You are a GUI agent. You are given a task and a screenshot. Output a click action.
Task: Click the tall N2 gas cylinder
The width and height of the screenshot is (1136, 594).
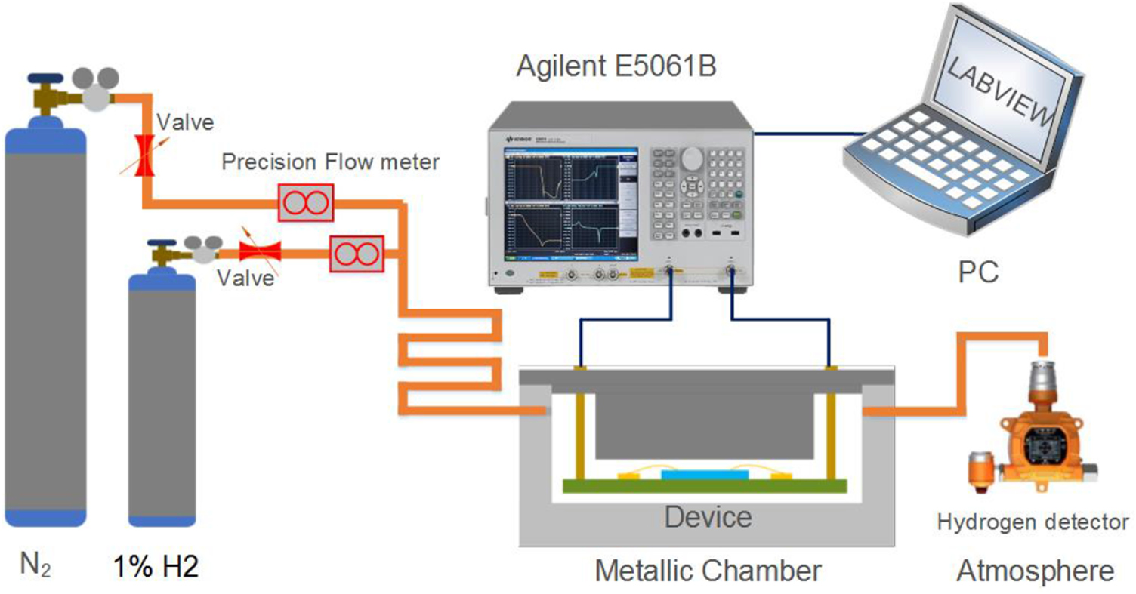pos(45,325)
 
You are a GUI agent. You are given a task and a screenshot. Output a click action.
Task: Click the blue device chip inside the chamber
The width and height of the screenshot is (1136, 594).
pos(705,474)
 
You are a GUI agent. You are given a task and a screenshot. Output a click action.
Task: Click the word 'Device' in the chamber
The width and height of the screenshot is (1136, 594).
pos(708,517)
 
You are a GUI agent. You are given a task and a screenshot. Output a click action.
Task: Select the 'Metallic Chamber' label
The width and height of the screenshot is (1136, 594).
pos(708,571)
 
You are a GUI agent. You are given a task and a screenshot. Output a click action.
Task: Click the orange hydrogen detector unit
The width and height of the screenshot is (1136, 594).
pos(1042,438)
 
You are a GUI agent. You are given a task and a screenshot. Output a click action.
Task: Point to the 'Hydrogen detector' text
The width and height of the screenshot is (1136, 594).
pos(1033,522)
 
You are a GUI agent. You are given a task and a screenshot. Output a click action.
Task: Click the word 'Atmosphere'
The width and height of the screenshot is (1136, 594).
pos(1035,571)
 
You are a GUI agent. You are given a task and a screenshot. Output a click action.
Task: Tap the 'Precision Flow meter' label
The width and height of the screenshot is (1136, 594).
pos(330,162)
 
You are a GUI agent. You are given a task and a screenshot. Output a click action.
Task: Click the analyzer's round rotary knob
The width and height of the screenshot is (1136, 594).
pos(691,158)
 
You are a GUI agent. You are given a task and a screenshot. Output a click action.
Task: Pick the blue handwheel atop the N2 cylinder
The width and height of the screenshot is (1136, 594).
pos(47,77)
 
